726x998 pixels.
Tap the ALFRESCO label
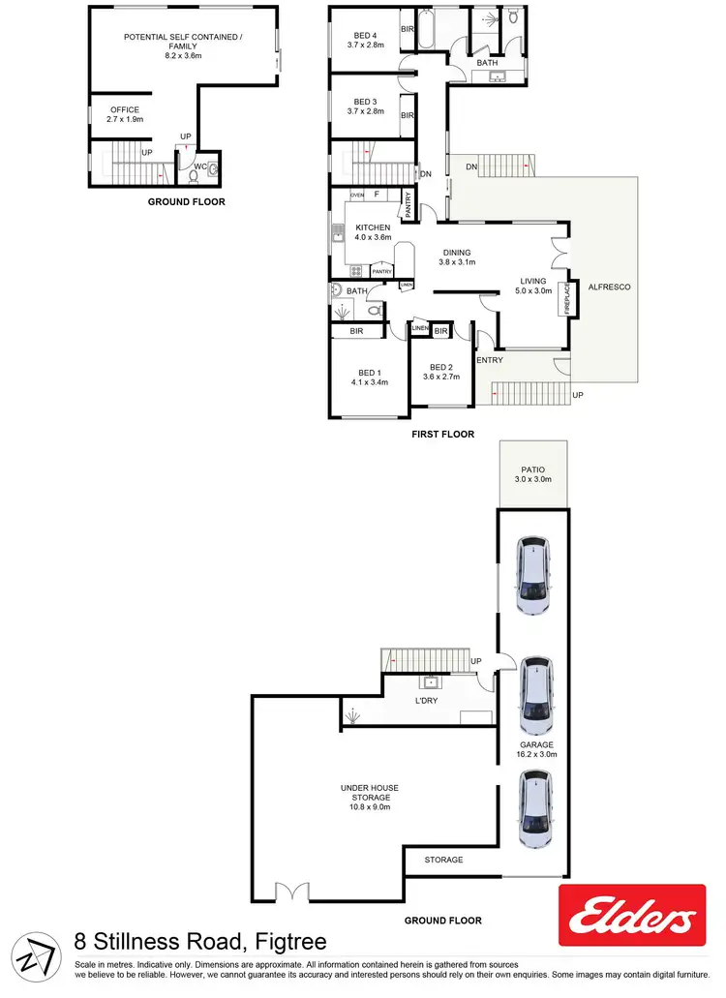coord(604,287)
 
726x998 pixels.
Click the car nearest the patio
coord(532,578)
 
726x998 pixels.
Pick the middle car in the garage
coord(534,696)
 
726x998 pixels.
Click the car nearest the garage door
coord(534,809)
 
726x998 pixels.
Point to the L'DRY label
coord(427,700)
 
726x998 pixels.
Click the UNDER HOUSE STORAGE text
coord(371,794)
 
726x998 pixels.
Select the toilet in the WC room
coord(212,168)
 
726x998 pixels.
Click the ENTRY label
coord(490,360)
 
